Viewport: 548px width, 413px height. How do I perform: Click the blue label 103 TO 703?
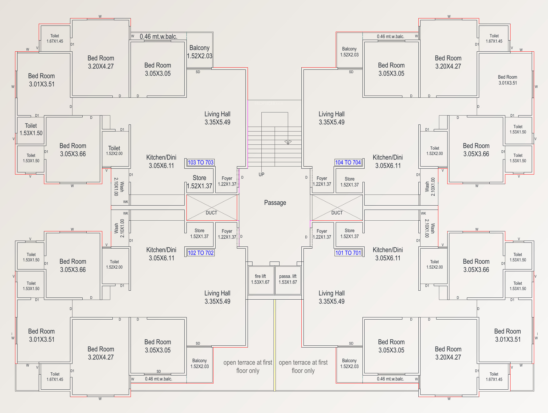tap(200, 163)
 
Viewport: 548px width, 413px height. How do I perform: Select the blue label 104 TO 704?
tap(348, 163)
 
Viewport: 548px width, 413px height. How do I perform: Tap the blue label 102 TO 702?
tap(201, 253)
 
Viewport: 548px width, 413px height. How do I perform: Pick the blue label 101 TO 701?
tap(348, 253)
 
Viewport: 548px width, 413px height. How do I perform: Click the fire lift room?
tap(260, 279)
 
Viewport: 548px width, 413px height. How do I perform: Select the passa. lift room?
tap(288, 279)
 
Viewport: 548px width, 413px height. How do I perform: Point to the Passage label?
tap(275, 203)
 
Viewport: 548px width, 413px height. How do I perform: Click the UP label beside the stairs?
tap(261, 175)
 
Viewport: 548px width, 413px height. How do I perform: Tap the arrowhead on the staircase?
tap(288, 142)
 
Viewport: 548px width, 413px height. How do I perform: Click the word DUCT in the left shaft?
tap(211, 213)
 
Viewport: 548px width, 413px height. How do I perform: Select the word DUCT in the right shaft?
tap(337, 213)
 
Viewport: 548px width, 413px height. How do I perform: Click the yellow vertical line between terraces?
tap(275, 344)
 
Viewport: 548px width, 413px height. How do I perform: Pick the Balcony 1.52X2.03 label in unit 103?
tap(200, 52)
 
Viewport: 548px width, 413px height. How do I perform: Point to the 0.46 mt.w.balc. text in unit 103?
tap(159, 37)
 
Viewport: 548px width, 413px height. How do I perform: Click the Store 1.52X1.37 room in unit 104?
tap(350, 182)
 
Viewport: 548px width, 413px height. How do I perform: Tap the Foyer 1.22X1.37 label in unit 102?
tap(227, 234)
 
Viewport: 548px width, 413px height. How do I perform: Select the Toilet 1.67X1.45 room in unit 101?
tap(494, 377)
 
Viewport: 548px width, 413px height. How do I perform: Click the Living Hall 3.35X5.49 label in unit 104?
tap(331, 118)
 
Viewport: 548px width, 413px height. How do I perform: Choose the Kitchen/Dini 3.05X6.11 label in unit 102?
tap(161, 254)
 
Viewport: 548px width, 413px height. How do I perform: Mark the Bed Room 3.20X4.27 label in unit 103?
tap(101, 62)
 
